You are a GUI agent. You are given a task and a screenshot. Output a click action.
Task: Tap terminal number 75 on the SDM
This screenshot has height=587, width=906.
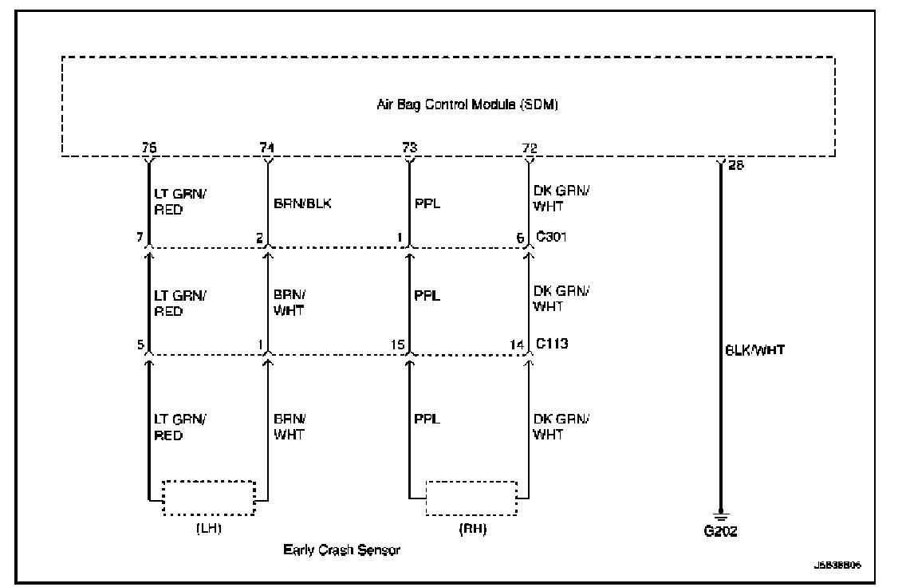point(148,147)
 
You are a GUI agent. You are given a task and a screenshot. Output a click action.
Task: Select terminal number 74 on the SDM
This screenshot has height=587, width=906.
point(267,147)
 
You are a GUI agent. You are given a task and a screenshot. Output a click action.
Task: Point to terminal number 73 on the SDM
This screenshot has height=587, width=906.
point(409,147)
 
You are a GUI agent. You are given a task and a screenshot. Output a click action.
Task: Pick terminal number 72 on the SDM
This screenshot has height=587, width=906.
point(528,147)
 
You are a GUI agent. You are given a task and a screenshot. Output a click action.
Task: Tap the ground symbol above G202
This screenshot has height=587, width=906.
point(721,514)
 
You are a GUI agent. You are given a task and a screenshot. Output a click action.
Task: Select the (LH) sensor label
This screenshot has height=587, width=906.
point(207,529)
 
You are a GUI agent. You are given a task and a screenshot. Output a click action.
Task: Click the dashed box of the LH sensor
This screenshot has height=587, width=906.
point(208,499)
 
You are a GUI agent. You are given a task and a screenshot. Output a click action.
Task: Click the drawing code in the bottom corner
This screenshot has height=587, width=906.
point(837,564)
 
